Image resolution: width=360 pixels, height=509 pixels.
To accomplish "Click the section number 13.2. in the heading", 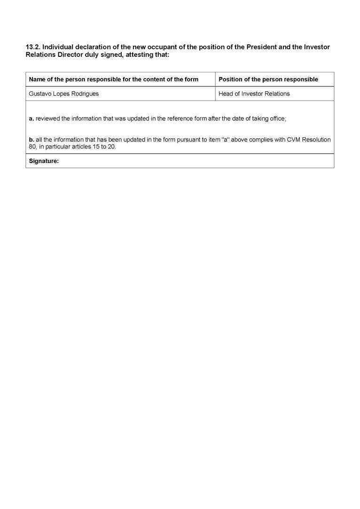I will [x=33, y=47].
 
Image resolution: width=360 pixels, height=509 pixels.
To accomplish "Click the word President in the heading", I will [x=262, y=47].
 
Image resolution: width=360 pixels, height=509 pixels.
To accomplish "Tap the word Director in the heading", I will [x=70, y=55].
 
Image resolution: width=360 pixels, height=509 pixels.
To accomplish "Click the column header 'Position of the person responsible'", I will [x=268, y=79].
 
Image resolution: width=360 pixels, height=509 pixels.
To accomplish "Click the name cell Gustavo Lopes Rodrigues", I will [x=64, y=94].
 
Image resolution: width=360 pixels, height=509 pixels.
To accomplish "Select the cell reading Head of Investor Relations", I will [x=254, y=94].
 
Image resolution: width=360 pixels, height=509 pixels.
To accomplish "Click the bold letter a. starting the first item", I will [x=31, y=118].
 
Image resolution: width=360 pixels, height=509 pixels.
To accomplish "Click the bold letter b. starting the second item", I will [x=31, y=140].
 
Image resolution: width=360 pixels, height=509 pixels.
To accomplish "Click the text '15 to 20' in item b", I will [x=104, y=147].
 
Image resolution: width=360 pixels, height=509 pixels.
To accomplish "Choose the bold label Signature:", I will [x=44, y=161].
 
